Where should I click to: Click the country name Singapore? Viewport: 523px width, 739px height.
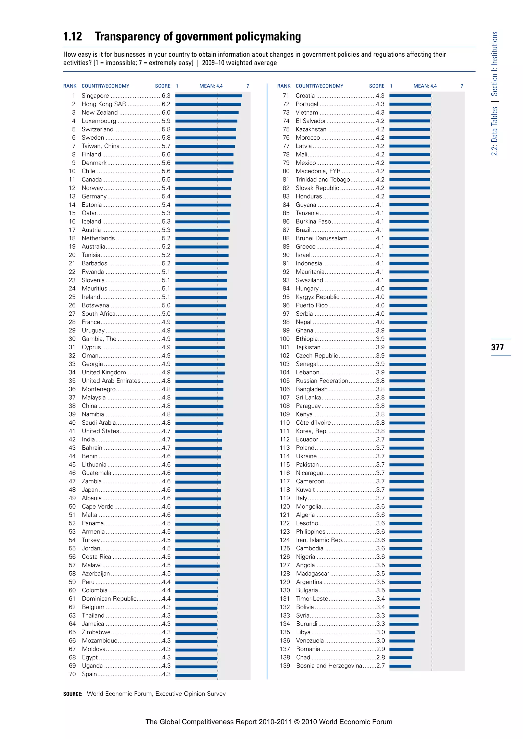95,96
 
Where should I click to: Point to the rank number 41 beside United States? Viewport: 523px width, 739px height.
72,431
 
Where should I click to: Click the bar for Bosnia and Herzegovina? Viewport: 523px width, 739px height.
400,666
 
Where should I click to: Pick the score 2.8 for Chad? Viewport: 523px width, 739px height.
380,657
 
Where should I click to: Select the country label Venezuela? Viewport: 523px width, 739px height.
310,641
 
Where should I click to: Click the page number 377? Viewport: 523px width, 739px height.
497,347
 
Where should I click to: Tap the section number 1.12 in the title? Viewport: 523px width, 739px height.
73,37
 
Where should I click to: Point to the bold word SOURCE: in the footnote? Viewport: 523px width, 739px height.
73,694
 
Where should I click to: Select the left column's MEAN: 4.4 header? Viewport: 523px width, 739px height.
211,86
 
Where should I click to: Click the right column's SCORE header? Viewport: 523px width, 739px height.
376,86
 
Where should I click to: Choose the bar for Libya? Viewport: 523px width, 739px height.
402,633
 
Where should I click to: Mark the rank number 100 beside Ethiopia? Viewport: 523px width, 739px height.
284,339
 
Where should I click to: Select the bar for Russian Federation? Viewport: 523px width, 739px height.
407,381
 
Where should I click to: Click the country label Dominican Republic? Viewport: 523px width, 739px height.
109,599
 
